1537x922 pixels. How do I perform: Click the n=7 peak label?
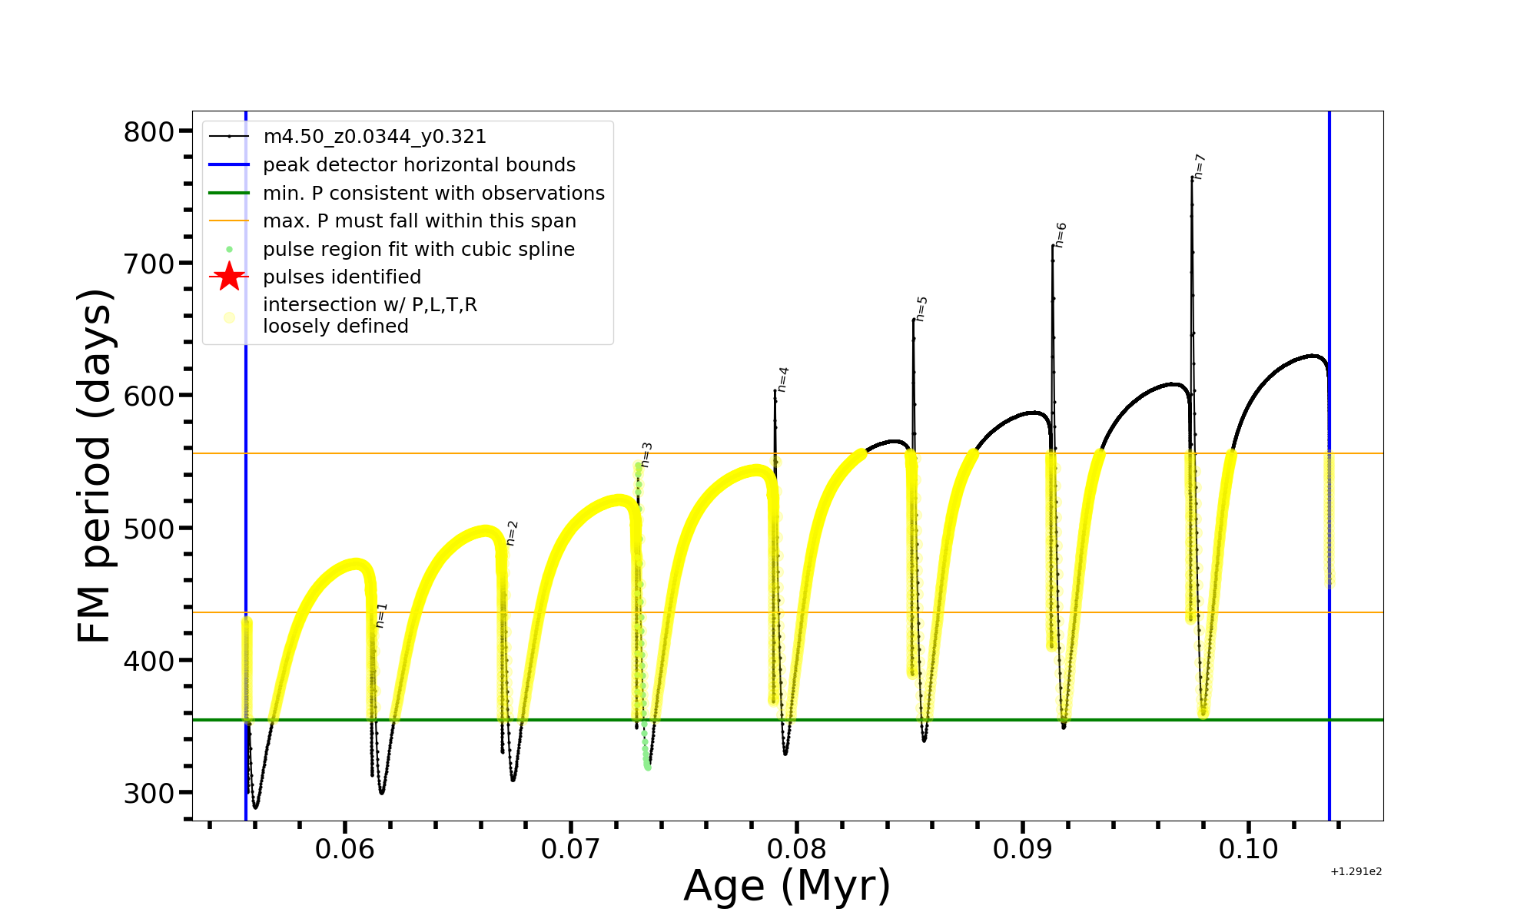pos(1200,167)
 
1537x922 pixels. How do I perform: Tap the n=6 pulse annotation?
pos(1061,235)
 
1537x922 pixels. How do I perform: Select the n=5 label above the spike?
pos(921,309)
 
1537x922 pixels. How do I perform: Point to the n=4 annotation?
pos(782,380)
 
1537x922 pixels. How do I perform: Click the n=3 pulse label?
pos(646,454)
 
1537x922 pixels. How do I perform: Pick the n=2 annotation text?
pos(512,533)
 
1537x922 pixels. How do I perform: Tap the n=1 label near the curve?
pos(381,615)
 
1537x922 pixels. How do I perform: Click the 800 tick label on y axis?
pos(149,132)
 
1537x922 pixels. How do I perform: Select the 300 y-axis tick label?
pos(149,793)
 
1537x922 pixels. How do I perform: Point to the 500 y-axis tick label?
pos(149,529)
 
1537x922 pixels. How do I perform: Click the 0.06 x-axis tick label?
pos(345,849)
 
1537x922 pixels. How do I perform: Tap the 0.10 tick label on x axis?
pos(1249,849)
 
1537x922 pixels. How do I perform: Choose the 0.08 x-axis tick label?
pos(797,849)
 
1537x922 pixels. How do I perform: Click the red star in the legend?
pos(229,277)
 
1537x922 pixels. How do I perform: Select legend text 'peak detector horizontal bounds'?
pos(419,165)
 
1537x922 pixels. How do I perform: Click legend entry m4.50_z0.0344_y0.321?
pos(374,137)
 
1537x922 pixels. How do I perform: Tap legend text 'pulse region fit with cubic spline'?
pos(419,250)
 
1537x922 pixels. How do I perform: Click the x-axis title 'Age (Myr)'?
pos(787,886)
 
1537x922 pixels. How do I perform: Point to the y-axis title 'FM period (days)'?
pos(95,466)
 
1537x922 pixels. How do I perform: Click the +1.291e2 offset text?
pos(1356,871)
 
